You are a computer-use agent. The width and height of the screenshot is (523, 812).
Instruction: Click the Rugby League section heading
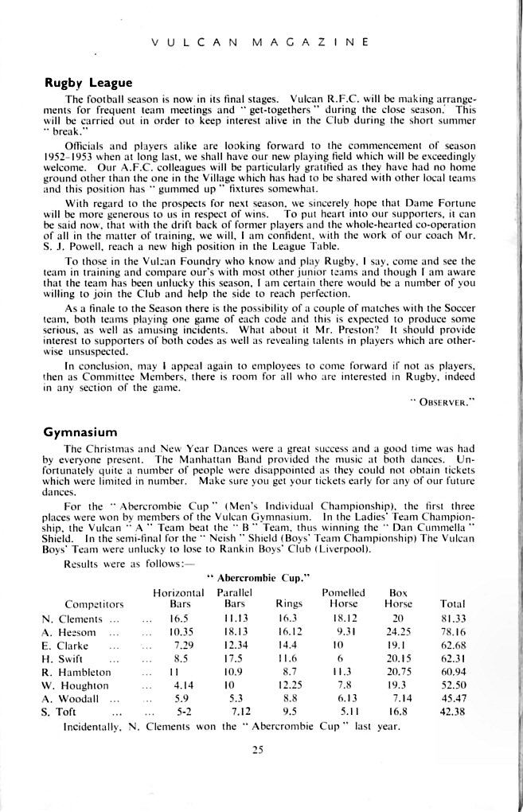[88, 82]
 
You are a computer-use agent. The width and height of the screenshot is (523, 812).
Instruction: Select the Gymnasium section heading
[80, 432]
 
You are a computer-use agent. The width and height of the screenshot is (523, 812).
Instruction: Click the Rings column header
[287, 604]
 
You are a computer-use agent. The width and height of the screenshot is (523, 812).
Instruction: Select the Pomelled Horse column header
[343, 598]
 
